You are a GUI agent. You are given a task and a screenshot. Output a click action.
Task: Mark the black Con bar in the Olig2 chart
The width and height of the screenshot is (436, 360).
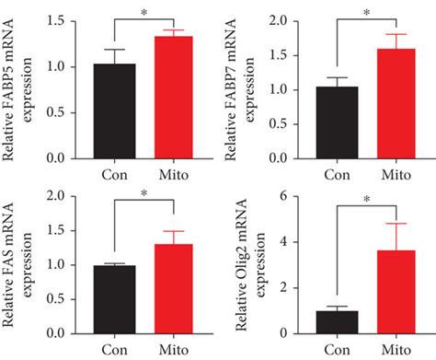click(337, 322)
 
